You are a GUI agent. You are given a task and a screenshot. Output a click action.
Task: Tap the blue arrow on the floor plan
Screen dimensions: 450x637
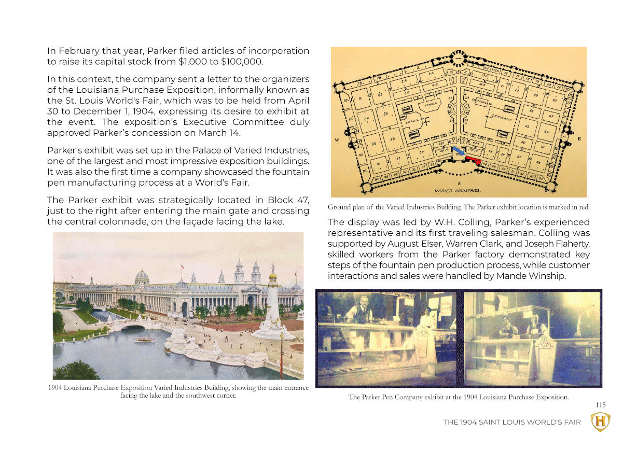pos(458,151)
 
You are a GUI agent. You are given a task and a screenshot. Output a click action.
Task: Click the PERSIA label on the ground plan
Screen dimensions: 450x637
pos(431,103)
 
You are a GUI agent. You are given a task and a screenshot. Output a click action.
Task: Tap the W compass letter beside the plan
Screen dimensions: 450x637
pos(338,139)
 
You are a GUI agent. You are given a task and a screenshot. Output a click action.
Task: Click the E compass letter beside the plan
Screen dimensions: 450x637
pos(579,138)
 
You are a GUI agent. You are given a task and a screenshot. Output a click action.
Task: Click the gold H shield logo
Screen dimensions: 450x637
pos(600,421)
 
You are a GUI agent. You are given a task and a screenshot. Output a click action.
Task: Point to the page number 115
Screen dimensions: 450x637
pos(600,405)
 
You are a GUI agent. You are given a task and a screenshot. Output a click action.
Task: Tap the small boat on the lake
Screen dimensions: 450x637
pos(144,340)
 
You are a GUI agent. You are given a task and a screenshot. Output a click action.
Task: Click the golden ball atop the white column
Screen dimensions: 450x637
pos(272,276)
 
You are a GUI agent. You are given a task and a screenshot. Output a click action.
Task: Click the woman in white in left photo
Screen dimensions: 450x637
pos(426,317)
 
